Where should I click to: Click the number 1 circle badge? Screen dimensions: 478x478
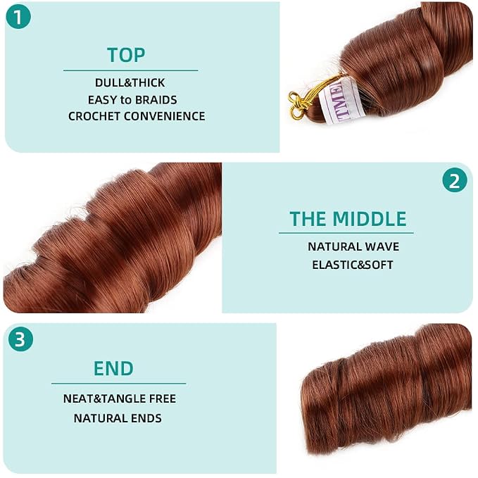[18, 16]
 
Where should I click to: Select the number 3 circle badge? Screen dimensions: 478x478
[20, 339]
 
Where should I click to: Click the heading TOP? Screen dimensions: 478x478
[126, 55]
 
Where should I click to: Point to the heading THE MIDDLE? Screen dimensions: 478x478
[348, 218]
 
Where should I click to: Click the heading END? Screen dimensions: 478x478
[113, 368]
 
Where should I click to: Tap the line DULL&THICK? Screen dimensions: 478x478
[130, 82]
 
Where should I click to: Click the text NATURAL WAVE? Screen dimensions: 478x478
[353, 246]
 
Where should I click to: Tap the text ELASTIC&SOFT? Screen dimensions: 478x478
[353, 265]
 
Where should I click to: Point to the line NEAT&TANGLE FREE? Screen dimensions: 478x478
[120, 398]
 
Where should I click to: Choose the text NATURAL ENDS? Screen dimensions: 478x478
[118, 418]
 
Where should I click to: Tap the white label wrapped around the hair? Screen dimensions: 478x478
[341, 99]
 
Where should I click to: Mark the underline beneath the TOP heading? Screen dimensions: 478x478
[131, 70]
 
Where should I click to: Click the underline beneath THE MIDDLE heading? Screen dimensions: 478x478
[346, 233]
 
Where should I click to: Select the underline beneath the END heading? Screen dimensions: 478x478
[118, 383]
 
